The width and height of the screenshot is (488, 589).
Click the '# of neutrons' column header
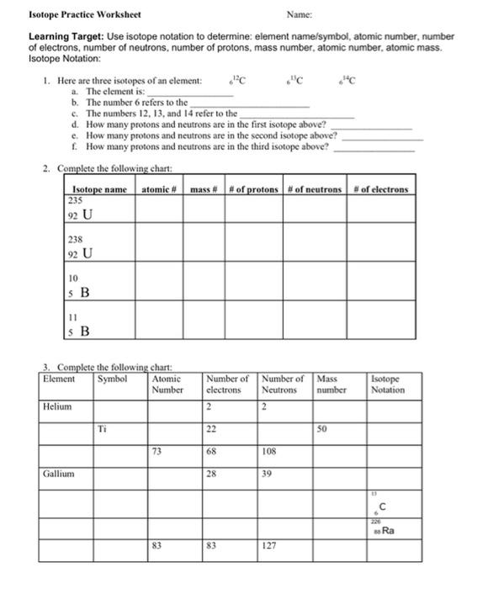click(315, 189)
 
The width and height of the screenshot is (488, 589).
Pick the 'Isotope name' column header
click(99, 189)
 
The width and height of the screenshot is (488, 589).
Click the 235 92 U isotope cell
click(99, 210)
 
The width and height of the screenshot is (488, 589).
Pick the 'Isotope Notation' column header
click(389, 385)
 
